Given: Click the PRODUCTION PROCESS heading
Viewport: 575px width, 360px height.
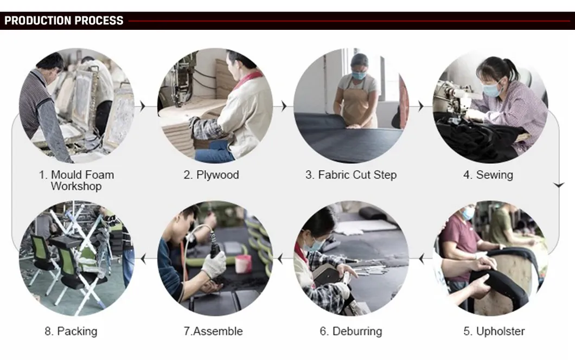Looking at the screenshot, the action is pos(64,21).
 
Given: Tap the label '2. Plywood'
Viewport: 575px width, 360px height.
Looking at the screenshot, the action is pos(211,175).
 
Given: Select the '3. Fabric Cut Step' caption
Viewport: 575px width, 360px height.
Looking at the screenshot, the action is pos(351,175).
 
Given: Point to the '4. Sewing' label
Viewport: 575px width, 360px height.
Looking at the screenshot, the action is pos(488,175).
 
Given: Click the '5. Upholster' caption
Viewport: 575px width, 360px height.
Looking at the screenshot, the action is pos(494,331).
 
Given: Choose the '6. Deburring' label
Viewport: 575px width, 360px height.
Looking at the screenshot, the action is pos(351,331).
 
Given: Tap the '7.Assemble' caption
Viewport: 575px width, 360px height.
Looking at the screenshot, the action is pos(213,331).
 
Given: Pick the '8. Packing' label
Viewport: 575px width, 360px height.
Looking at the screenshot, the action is pos(71,331).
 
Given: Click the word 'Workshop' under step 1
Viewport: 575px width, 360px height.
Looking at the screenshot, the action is pos(76,186).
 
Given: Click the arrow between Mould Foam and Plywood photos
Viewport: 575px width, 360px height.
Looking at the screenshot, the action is pos(143,106).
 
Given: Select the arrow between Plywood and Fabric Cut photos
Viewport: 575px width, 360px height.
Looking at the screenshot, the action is pos(284,106).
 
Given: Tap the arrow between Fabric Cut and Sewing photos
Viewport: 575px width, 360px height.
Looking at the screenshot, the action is pos(420,106).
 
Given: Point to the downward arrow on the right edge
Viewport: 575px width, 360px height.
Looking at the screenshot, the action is pos(559,185).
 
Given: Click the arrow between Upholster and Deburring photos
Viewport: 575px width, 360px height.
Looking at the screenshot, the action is pos(421,259).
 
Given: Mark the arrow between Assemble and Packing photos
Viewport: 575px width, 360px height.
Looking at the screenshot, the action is pos(143,259).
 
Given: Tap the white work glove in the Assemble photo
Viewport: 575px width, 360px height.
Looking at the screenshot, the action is pos(214,265).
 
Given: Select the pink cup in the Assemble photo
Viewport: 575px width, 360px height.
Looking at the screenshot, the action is pos(243,264).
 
